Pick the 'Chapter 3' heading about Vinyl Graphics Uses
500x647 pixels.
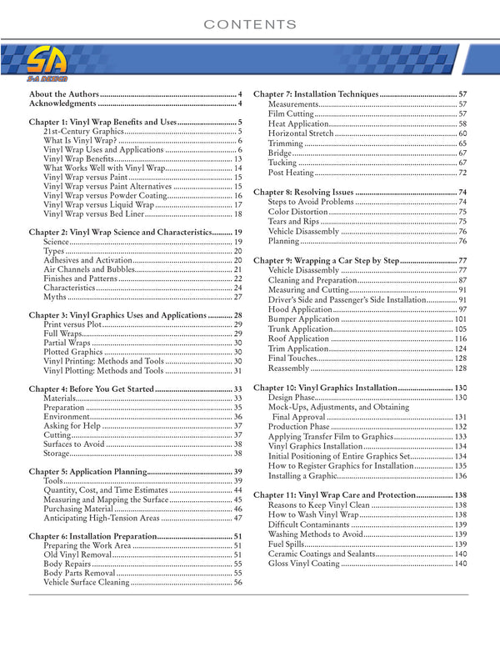click(117, 315)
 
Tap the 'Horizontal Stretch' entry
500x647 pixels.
click(301, 133)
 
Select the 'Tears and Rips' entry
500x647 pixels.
click(292, 222)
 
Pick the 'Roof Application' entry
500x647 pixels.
click(298, 339)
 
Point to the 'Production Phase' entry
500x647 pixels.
click(299, 427)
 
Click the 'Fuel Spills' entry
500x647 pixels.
click(288, 544)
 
